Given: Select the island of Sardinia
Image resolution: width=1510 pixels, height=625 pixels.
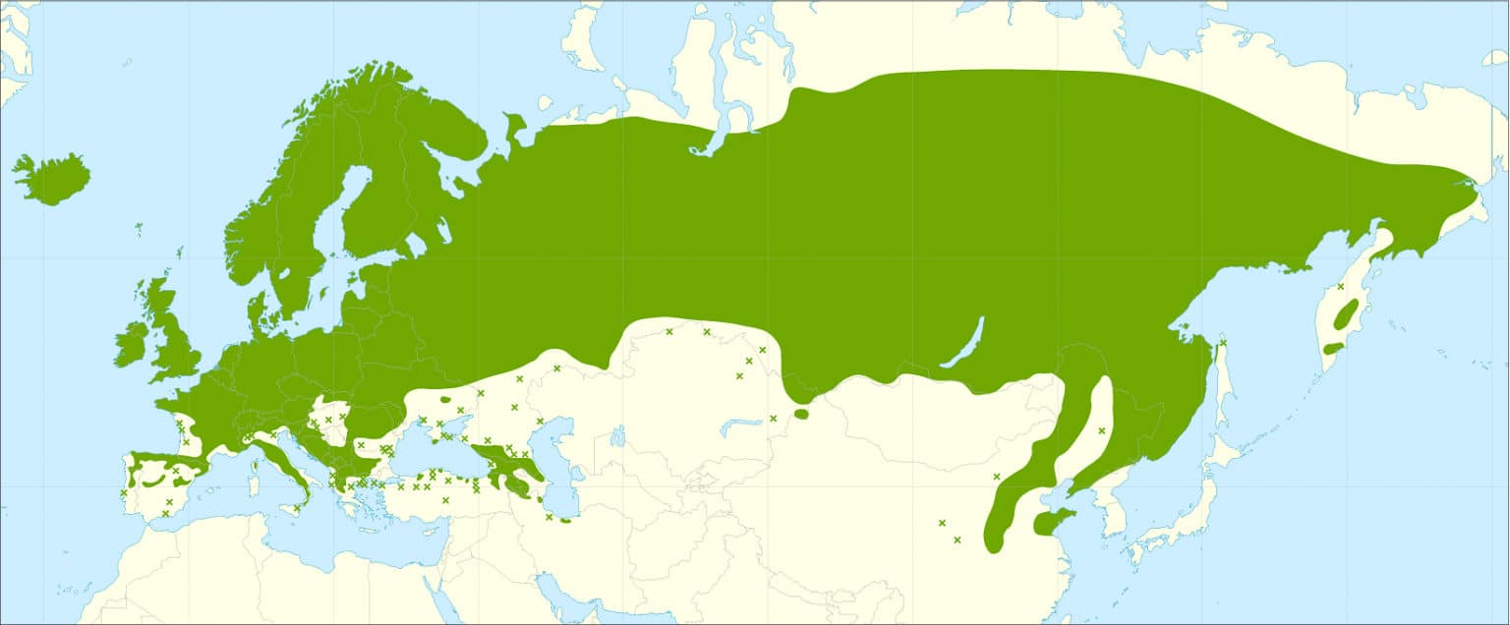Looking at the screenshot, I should coord(252,482).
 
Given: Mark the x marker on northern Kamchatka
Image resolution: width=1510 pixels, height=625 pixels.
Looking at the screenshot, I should coord(1340,286).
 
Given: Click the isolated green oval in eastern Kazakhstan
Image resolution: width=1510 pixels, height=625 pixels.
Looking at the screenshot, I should coord(800,414).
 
